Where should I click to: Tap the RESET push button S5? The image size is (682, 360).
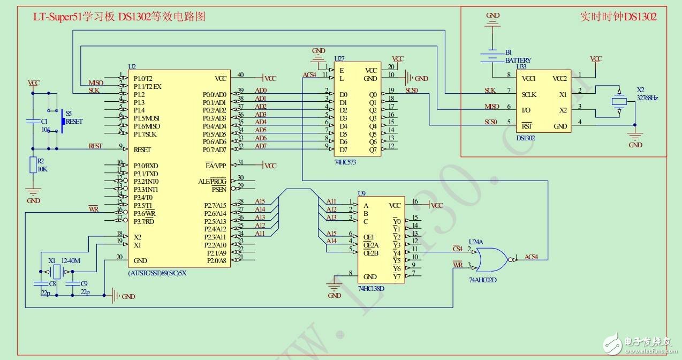click(64, 121)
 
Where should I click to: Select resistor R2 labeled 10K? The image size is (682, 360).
click(33, 166)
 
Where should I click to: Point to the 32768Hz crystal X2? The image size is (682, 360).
click(619, 102)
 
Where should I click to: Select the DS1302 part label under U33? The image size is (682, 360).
click(525, 138)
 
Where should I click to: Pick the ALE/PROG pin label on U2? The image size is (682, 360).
click(212, 181)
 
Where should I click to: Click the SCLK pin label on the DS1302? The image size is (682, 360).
click(529, 94)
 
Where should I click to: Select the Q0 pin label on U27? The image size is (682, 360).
click(373, 94)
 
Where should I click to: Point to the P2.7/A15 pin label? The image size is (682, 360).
click(215, 205)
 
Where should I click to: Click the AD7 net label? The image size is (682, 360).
click(260, 146)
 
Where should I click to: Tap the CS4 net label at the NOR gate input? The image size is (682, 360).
click(457, 249)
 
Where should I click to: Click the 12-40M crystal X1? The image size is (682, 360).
click(56, 272)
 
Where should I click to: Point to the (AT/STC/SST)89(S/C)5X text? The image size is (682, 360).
click(157, 273)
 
